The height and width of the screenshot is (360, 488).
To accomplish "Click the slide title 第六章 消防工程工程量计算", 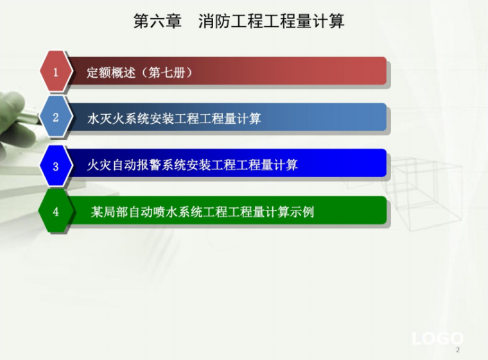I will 239,21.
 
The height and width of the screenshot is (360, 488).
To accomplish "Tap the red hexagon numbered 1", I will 55,72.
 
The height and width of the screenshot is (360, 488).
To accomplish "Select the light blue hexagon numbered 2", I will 55,117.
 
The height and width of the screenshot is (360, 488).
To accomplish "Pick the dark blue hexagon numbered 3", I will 55,166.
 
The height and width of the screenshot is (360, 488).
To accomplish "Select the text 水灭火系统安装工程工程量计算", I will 174,119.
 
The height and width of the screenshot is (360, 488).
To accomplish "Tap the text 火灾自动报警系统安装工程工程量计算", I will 193,166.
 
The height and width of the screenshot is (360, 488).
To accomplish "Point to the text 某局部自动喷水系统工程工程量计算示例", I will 202,212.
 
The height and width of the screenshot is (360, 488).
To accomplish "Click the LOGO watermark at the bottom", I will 437,338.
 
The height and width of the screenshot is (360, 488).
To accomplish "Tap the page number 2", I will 458,350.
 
